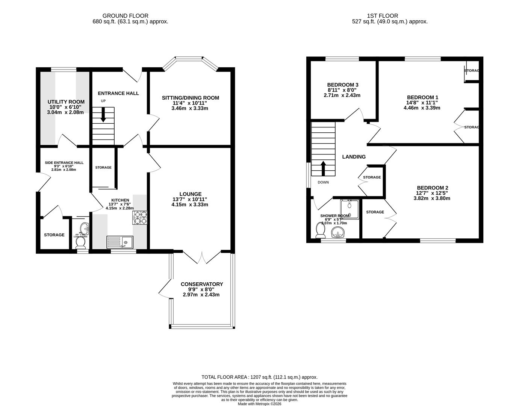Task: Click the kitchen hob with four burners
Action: click(x=140, y=218)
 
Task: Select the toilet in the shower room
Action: click(x=321, y=230)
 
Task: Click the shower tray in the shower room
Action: click(x=350, y=209)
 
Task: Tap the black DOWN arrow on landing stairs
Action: click(x=323, y=168)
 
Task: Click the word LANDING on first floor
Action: click(x=354, y=157)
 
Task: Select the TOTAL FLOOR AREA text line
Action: click(x=259, y=377)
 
